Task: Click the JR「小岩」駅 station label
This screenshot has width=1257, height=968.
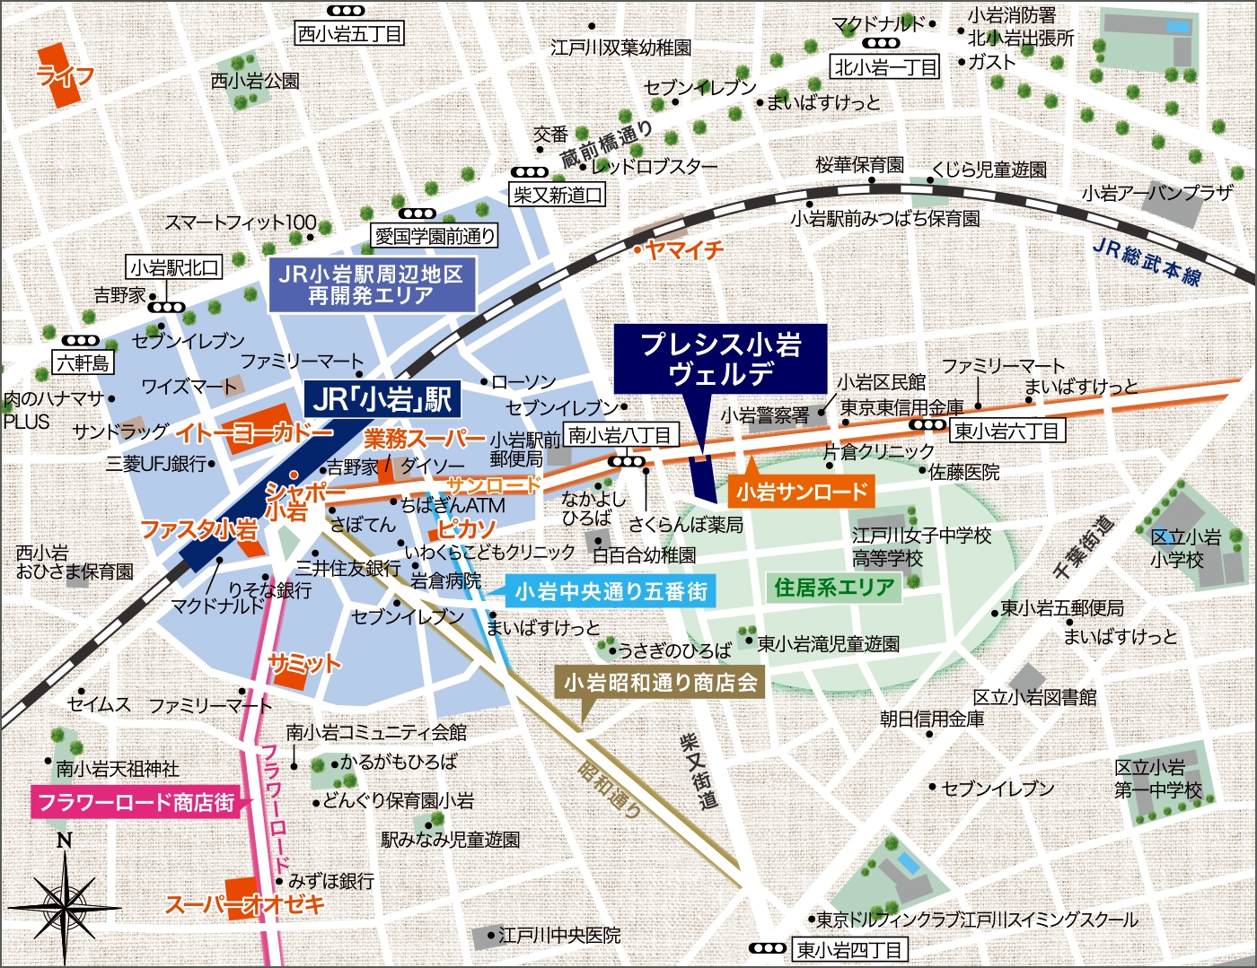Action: (382, 399)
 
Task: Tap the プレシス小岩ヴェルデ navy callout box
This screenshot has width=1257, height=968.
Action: (720, 359)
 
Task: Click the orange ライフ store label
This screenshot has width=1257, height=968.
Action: (65, 76)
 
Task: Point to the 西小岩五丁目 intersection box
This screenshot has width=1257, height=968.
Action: (350, 34)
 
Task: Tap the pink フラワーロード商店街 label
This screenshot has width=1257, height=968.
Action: (136, 801)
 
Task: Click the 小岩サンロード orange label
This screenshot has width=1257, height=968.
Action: (801, 492)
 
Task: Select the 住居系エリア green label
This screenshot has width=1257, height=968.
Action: (834, 589)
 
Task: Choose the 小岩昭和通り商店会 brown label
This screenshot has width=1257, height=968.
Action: (660, 684)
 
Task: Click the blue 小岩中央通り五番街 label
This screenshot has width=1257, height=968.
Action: (611, 591)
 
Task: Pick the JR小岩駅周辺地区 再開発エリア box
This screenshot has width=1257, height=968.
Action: (372, 285)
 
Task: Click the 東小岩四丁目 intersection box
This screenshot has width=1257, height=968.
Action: (849, 949)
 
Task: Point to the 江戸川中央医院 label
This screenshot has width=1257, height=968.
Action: (559, 936)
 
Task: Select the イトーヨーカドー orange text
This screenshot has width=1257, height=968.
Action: (253, 433)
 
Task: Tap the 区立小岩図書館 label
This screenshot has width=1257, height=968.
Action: (1034, 697)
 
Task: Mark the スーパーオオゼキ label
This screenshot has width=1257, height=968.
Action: (244, 904)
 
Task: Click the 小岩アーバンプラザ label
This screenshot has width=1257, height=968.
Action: (1156, 193)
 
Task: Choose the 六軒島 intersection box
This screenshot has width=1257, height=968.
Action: (84, 363)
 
